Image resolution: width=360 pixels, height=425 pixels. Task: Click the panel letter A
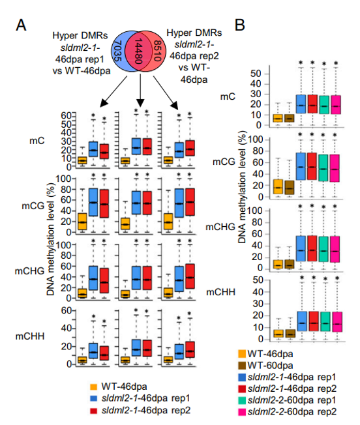tap(21, 25)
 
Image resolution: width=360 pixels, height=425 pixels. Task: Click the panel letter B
tap(239, 25)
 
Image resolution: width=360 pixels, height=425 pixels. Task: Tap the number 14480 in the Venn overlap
tap(138, 51)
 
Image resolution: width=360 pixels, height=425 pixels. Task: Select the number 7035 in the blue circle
tap(117, 51)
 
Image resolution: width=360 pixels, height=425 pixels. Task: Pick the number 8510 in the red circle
tap(157, 51)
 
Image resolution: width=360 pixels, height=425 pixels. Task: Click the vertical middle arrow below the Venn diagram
tap(140, 91)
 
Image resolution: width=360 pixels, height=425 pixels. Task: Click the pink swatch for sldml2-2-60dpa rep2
tap(242, 411)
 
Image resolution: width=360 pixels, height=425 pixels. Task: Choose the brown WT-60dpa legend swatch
tap(242, 366)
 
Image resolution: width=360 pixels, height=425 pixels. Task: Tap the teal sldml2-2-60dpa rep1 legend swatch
tap(242, 400)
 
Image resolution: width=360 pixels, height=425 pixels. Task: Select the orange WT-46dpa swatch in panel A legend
tap(93, 387)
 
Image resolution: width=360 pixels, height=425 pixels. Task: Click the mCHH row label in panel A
tap(30, 336)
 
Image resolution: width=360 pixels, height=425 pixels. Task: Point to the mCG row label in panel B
tap(224, 162)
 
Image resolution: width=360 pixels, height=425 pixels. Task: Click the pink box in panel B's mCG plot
tap(335, 168)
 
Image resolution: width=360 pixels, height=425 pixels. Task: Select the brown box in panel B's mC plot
tap(290, 118)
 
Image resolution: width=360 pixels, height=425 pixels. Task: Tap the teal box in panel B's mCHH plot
tap(325, 321)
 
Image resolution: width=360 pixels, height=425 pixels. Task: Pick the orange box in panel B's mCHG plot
tap(278, 264)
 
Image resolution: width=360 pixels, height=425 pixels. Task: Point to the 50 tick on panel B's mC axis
tap(256, 74)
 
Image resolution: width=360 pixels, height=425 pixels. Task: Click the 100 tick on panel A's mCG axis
tap(63, 179)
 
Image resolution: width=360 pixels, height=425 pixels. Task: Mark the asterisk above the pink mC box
tap(336, 63)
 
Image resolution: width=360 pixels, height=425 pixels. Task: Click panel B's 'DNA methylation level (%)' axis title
tap(242, 187)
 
